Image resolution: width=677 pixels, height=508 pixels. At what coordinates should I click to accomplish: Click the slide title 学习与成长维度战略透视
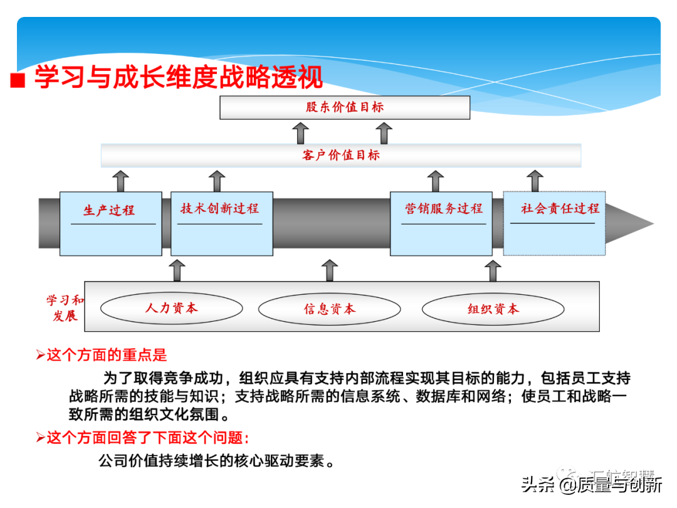tap(179, 78)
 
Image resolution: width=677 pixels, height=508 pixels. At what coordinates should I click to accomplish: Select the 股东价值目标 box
tap(345, 107)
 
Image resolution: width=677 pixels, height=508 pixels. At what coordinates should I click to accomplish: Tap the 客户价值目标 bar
tap(341, 155)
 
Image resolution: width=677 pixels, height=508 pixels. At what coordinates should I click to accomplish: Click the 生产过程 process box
tap(110, 223)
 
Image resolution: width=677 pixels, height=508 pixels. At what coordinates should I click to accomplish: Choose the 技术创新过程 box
tap(221, 223)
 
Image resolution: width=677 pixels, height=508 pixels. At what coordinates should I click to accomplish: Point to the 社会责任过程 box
tap(554, 223)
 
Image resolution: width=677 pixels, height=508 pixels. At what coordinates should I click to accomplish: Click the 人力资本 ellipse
tap(171, 308)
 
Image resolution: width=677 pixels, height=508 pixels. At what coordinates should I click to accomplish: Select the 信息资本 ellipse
tap(329, 309)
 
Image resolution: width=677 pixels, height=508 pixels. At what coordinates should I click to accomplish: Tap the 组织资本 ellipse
tap(493, 309)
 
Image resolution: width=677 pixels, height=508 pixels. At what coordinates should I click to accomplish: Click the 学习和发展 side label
tap(65, 308)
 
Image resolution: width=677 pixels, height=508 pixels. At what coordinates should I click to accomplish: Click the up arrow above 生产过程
tap(121, 181)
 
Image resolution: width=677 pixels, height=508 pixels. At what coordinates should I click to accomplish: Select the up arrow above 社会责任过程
tap(535, 181)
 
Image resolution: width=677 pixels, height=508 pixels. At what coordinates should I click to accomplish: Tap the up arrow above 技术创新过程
tap(217, 181)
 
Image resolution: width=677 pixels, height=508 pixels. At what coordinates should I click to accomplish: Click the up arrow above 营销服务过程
tap(436, 181)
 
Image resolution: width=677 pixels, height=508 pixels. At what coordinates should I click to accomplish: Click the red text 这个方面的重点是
tap(107, 356)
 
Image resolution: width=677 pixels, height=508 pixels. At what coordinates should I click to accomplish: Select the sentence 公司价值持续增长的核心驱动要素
tap(216, 461)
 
